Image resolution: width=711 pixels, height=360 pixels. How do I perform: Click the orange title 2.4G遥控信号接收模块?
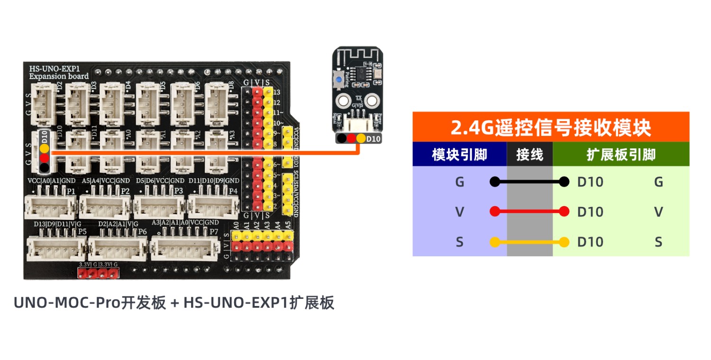click(550, 127)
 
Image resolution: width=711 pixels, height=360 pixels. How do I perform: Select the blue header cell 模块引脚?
click(459, 154)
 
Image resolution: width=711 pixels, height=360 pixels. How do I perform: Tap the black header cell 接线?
click(529, 154)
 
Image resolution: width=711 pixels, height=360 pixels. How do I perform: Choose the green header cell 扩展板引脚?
click(620, 154)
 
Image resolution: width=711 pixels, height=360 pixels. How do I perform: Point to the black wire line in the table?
click(529, 182)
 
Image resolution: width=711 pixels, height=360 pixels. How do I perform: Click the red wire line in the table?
click(529, 212)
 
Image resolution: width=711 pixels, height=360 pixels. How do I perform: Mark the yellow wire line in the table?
click(529, 243)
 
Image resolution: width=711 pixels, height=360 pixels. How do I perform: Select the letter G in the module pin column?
click(459, 182)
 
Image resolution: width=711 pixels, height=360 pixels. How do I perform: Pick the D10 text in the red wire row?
click(590, 212)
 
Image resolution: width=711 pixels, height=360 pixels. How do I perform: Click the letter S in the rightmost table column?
click(658, 243)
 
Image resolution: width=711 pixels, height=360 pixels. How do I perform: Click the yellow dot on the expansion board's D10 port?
click(44, 148)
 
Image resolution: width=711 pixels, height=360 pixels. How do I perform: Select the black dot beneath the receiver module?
click(341, 138)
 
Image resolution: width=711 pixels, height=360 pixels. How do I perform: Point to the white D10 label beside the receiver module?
click(373, 138)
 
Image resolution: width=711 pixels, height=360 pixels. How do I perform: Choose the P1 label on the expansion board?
click(71, 190)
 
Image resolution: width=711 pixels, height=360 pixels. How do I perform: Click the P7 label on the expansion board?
click(214, 231)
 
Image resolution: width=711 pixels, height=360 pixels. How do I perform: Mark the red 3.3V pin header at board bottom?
click(98, 273)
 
